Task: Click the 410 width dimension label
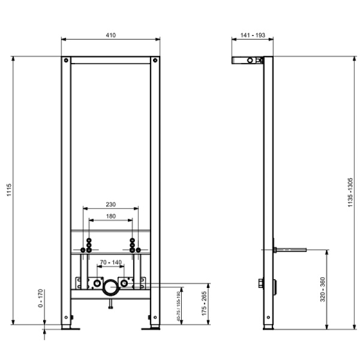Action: coord(111,35)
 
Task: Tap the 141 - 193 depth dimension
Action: coord(253,35)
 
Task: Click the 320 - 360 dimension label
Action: coord(322,289)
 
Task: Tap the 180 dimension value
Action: coord(111,216)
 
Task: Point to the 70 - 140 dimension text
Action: coord(111,263)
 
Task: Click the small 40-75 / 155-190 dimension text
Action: coord(179,307)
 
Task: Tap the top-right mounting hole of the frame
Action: coord(155,60)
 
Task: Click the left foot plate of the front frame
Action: coord(67,328)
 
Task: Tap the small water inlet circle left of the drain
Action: coord(96,282)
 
